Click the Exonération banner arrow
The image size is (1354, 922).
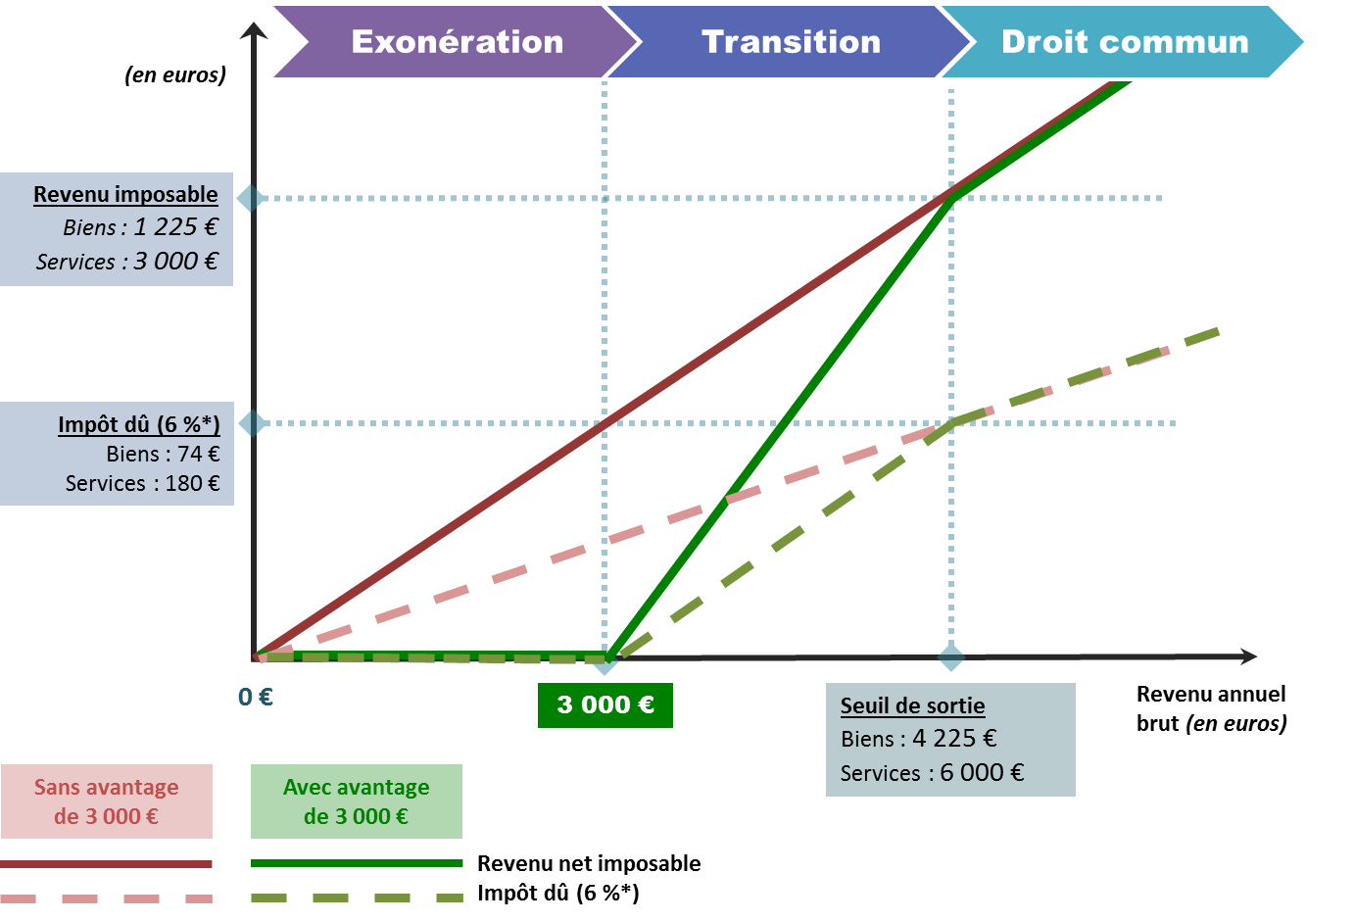(x=457, y=42)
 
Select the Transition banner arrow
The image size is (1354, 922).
(x=791, y=42)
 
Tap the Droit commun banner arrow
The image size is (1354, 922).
(x=1125, y=42)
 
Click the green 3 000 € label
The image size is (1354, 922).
(x=605, y=705)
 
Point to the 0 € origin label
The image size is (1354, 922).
(x=256, y=697)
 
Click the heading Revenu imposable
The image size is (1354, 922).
(x=125, y=194)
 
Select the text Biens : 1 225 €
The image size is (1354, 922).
(x=140, y=227)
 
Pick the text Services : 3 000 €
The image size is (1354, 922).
(x=127, y=262)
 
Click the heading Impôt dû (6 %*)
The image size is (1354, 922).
(x=139, y=424)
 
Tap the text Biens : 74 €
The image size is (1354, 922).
(x=163, y=454)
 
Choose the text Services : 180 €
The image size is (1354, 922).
(x=143, y=483)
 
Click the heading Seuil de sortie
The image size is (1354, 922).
(x=912, y=705)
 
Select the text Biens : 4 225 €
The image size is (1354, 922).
(x=919, y=739)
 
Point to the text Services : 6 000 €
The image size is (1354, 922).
(x=932, y=773)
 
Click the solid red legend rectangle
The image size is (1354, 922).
(x=107, y=801)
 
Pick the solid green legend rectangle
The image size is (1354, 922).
(x=357, y=801)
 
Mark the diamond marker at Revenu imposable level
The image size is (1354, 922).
(x=252, y=198)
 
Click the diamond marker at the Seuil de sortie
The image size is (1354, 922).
(x=951, y=657)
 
